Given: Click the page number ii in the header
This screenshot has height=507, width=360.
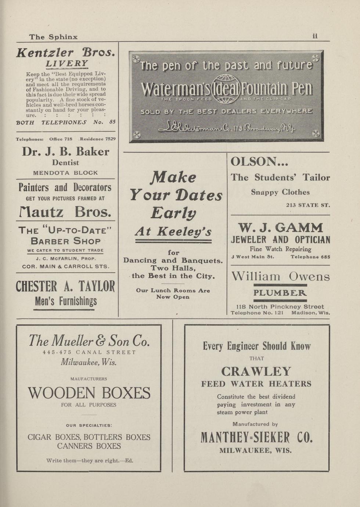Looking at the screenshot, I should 315,36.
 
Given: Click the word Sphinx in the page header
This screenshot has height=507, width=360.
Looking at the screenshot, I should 63,37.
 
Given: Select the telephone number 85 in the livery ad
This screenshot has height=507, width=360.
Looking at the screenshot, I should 112,122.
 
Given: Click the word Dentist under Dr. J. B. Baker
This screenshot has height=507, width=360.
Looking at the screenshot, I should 65,162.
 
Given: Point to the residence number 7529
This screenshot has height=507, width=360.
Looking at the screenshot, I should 110,139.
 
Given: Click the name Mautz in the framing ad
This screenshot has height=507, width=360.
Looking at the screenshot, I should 41,212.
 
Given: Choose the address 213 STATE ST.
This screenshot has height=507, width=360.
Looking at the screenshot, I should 308,205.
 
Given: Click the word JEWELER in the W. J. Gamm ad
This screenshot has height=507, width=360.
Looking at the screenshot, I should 249,240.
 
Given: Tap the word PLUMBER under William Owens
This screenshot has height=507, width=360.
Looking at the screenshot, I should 280,293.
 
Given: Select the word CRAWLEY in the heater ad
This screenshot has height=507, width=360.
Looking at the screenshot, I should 256,371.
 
